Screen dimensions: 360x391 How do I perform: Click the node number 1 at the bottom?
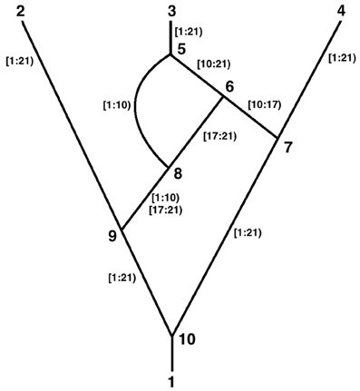171,377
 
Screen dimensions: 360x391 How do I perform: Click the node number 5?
180,48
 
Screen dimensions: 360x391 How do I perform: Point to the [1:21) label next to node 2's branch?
20,62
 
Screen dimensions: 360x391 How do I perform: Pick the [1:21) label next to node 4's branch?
340,58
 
